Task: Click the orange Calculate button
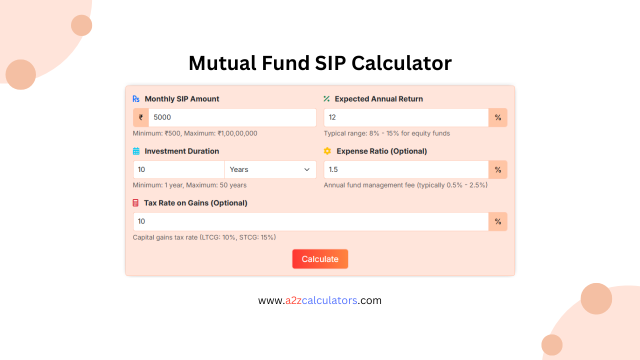click(320, 259)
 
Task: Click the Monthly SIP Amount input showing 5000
click(232, 117)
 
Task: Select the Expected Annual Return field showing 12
click(405, 117)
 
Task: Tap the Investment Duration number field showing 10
click(178, 169)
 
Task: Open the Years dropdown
click(270, 169)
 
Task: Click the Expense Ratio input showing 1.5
click(405, 169)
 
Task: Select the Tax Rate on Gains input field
click(310, 221)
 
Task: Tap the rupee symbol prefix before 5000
click(141, 117)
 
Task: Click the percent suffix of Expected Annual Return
click(498, 117)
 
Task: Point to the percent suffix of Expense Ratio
click(498, 169)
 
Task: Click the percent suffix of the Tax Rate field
click(498, 221)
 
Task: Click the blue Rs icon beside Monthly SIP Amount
click(136, 99)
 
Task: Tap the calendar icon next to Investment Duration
click(136, 151)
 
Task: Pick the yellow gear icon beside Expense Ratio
click(327, 151)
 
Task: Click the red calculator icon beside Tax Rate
click(135, 203)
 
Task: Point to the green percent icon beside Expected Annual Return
click(326, 99)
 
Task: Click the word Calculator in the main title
click(401, 63)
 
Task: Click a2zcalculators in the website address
click(321, 300)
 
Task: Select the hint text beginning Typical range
click(386, 133)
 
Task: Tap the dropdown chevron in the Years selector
click(307, 169)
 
